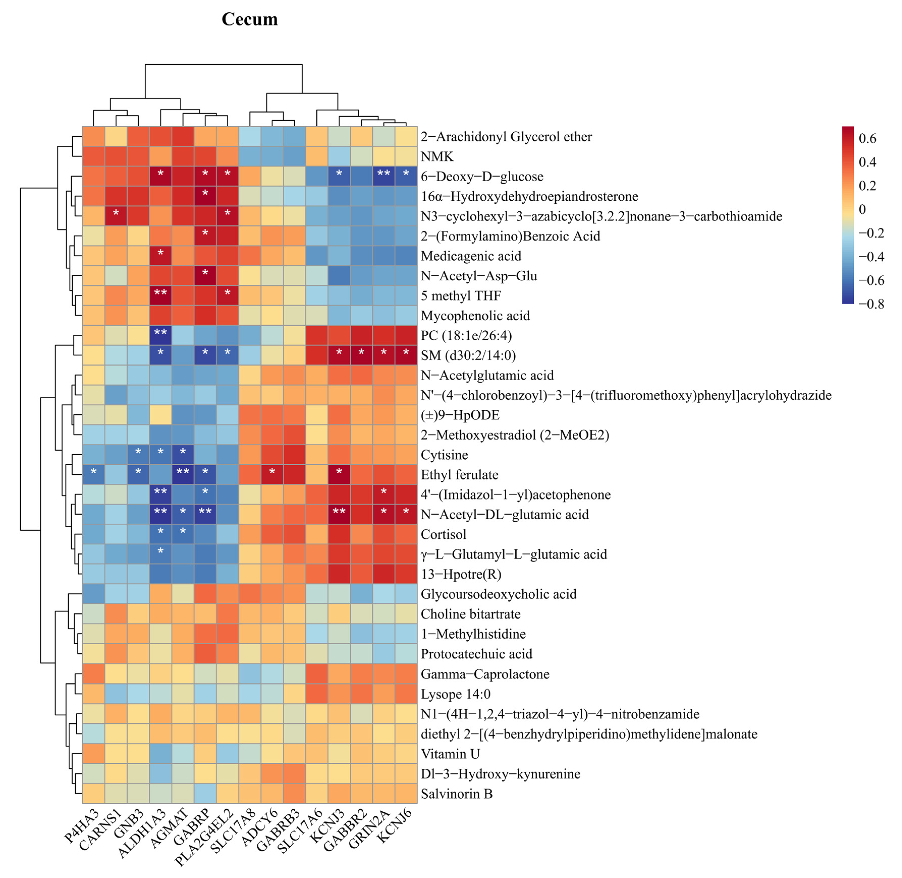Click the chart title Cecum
pyautogui.click(x=250, y=19)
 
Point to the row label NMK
pyautogui.click(x=437, y=157)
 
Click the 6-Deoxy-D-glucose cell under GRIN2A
pyautogui.click(x=383, y=176)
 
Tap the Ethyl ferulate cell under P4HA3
pyautogui.click(x=94, y=474)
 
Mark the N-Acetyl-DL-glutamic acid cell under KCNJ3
pyautogui.click(x=339, y=514)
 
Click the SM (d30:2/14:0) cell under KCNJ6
pyautogui.click(x=406, y=355)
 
